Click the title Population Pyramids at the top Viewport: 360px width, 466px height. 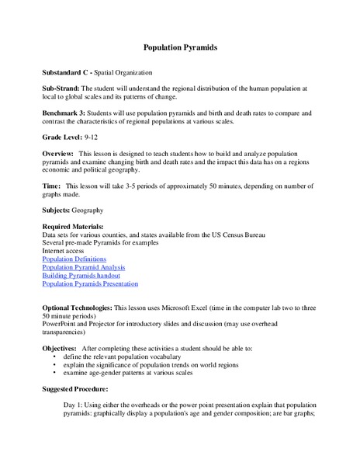point(180,47)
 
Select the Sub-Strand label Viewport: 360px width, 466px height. point(61,89)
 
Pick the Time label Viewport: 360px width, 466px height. point(51,187)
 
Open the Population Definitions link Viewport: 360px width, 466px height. point(74,259)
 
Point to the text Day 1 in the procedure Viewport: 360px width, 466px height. point(73,405)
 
